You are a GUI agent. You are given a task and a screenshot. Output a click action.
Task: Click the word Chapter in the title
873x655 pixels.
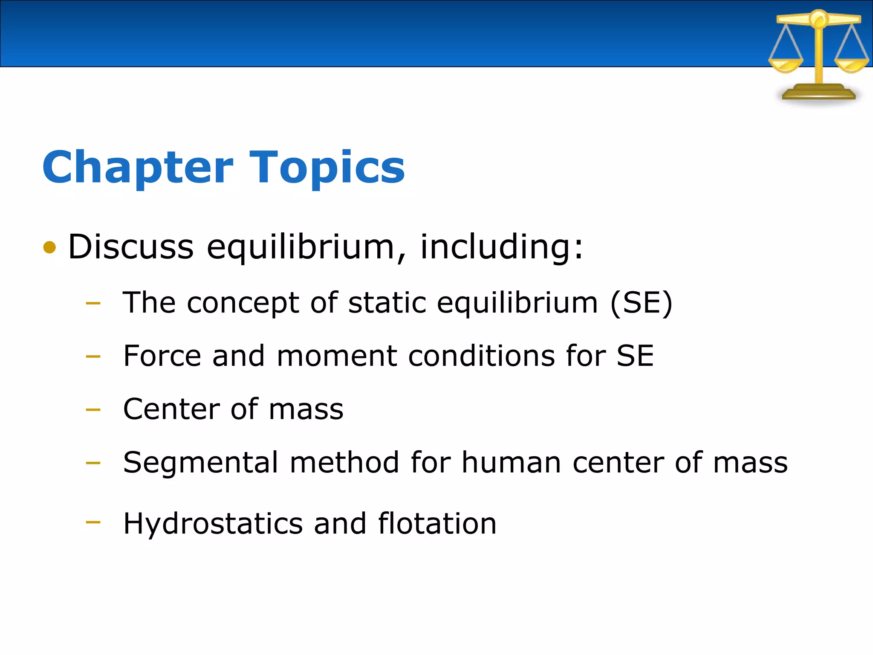tap(138, 168)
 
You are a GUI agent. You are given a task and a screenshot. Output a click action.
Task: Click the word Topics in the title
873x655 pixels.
tap(327, 168)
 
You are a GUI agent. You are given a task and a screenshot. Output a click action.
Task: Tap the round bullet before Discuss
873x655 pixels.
tap(50, 247)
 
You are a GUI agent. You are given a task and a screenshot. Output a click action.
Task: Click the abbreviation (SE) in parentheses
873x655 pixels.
tap(641, 303)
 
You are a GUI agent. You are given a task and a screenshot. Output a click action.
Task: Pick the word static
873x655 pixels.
tap(387, 303)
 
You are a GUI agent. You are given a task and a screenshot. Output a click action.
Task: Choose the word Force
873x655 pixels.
tap(162, 356)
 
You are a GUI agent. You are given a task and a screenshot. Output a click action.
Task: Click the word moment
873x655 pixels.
tap(337, 356)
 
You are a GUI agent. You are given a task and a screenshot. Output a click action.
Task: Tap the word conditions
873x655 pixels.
tap(481, 356)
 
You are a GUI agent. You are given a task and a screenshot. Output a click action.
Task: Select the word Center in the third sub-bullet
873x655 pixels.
tap(171, 409)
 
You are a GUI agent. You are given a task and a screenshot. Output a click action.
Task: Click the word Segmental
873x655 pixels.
tap(200, 463)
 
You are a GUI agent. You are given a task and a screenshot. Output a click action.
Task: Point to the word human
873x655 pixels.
tap(511, 462)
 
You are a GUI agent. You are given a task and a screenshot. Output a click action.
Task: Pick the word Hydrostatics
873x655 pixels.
tap(213, 524)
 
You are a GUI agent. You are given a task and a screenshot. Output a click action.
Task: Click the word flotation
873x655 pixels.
tap(437, 523)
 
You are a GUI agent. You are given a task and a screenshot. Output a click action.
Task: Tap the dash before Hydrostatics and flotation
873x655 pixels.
tap(93, 522)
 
